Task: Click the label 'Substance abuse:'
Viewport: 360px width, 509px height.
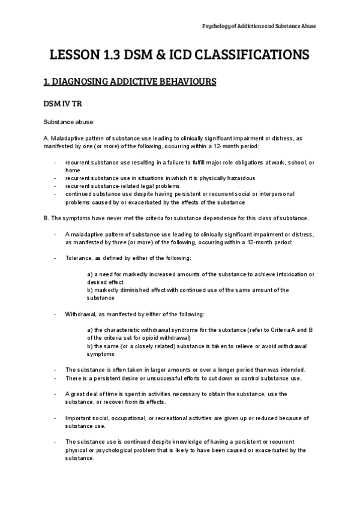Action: click(65, 122)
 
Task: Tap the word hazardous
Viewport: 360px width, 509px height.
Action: click(241, 178)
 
